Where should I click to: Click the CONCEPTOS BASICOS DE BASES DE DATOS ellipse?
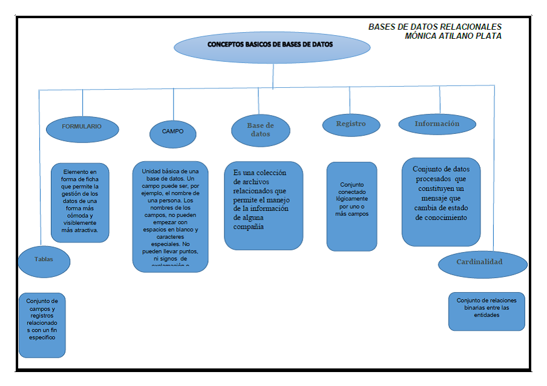tap(270, 46)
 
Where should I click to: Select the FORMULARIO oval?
tap(82, 127)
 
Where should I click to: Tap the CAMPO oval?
tap(172, 131)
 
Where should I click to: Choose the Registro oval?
tap(351, 124)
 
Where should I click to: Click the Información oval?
tap(437, 124)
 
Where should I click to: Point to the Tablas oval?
tap(44, 259)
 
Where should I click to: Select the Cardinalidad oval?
tap(479, 262)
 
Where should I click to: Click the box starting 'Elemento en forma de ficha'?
tap(80, 202)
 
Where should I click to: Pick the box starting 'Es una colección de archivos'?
tap(263, 205)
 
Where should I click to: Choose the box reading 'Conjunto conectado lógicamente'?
tap(352, 206)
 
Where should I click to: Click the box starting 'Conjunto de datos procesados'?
tap(441, 201)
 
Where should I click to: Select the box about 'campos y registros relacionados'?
tap(42, 325)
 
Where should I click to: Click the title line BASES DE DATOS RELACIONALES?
tap(434, 27)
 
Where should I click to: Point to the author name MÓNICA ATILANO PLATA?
tap(453, 36)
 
